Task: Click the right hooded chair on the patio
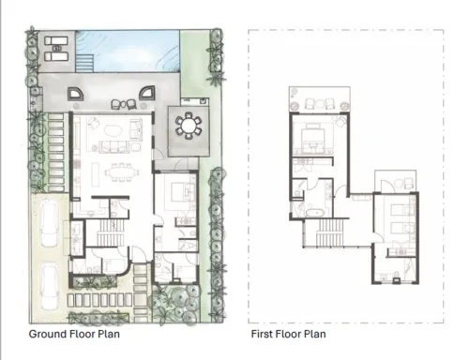coord(145,92)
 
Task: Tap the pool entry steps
coord(84,62)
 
